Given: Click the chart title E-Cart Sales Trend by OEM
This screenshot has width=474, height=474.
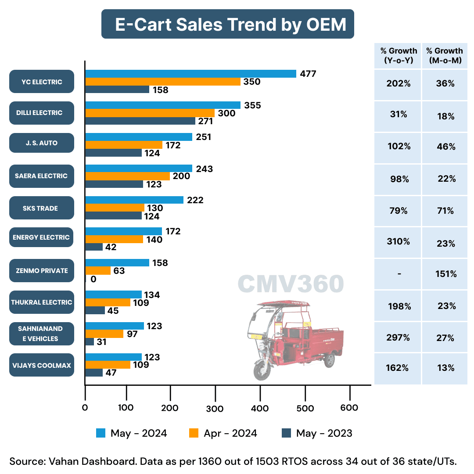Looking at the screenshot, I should (x=228, y=24).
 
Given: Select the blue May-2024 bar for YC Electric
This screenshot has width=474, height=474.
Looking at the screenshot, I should (x=190, y=74).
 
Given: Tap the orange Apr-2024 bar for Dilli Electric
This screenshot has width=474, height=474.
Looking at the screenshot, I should (x=150, y=113).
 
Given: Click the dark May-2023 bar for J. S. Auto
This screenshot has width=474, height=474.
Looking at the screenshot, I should (x=113, y=153).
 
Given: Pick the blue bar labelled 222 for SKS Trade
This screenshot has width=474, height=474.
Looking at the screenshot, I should (x=134, y=200).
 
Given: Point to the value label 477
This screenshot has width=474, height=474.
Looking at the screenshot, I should (x=308, y=74).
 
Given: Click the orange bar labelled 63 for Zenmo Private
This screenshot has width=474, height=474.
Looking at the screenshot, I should (x=98, y=271).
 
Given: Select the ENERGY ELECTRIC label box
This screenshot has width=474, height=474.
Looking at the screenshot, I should (x=42, y=237).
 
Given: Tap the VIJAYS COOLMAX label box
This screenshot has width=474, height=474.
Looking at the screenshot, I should (x=42, y=365).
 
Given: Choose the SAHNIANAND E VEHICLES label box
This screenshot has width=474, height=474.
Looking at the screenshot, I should (x=42, y=334).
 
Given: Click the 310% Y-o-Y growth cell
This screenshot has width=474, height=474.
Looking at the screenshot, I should (x=398, y=241).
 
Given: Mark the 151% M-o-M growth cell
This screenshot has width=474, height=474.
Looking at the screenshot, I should (x=445, y=274).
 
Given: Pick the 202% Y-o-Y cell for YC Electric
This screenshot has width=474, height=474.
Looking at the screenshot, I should (x=398, y=83).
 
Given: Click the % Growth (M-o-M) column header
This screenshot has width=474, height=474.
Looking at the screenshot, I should (x=445, y=56).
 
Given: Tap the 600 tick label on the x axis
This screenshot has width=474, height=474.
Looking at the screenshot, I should (x=349, y=408).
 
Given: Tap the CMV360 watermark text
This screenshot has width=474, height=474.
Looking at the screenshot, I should (x=291, y=284).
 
